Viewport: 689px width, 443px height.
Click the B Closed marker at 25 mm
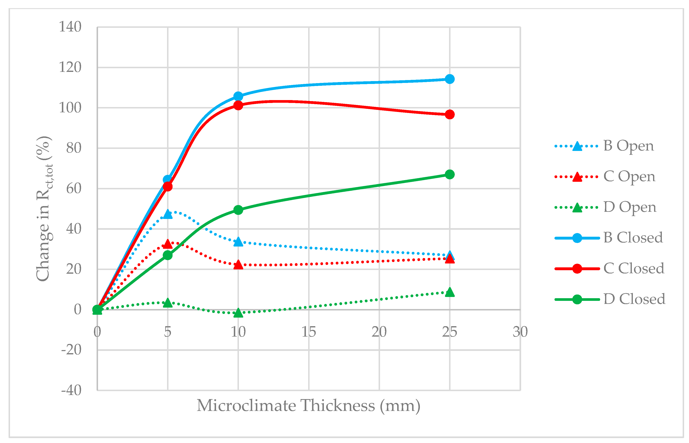(x=449, y=79)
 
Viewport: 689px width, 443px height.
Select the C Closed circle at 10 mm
(x=238, y=105)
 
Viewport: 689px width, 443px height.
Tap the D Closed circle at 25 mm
(x=449, y=174)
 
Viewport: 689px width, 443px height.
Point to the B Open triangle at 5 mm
(x=168, y=214)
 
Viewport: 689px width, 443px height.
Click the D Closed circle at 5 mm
(x=168, y=255)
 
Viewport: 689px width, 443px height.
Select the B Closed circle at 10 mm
(x=238, y=96)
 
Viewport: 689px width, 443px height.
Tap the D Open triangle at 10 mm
(x=238, y=313)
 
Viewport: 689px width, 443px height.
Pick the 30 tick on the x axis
(x=520, y=332)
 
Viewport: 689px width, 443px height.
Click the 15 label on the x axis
(x=309, y=332)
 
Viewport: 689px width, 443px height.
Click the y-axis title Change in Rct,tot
(x=44, y=209)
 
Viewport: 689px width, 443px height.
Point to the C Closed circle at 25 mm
(x=449, y=115)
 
